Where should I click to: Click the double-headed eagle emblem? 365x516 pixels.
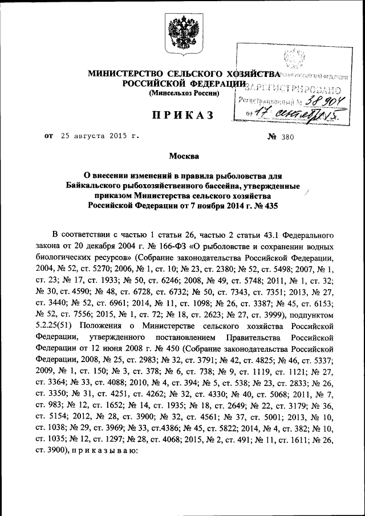point(182,34)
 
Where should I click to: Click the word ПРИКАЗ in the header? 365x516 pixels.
point(182,116)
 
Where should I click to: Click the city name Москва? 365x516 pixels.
point(182,156)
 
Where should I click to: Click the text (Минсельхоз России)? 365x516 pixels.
point(184,93)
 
